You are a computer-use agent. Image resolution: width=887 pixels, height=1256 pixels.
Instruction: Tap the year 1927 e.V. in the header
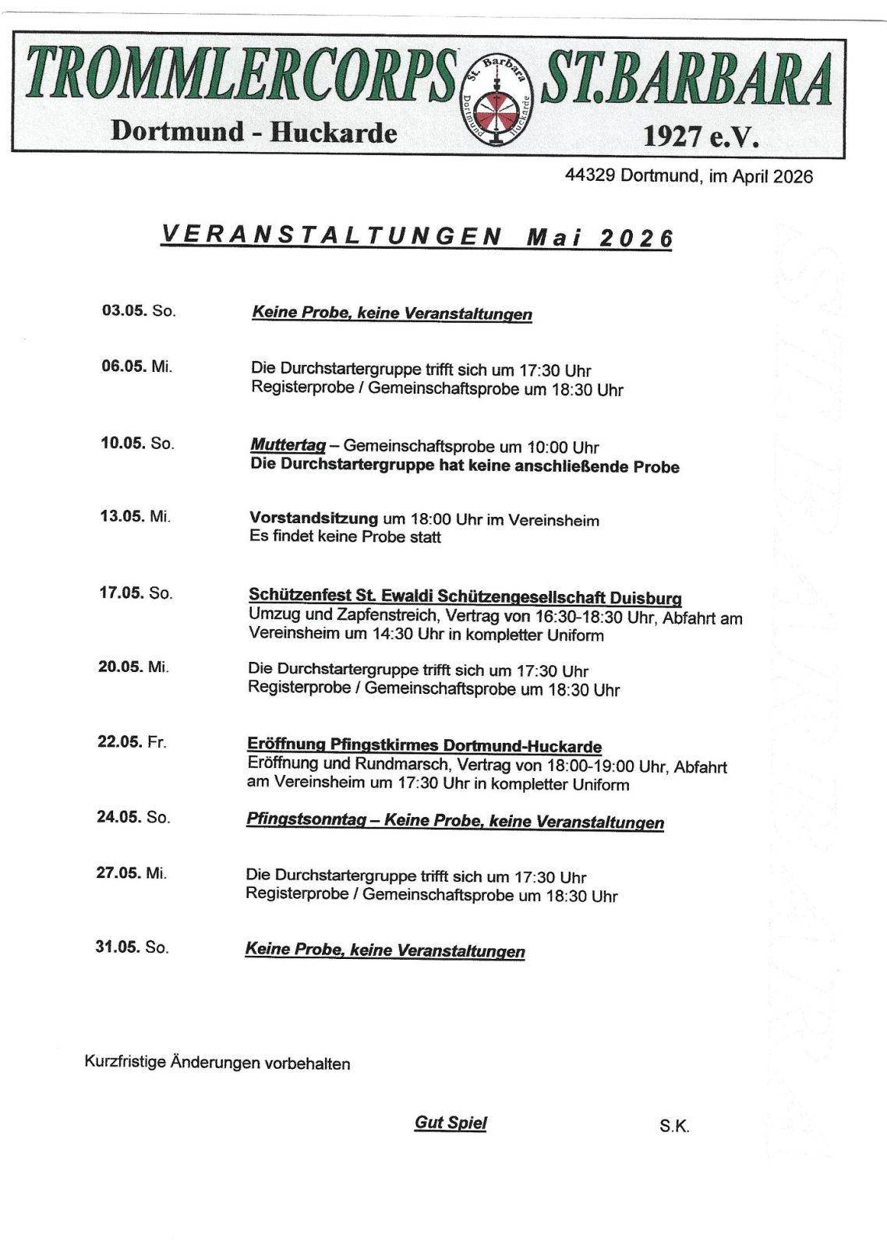(x=698, y=138)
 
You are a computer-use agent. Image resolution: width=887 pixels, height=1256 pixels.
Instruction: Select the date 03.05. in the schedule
(x=124, y=310)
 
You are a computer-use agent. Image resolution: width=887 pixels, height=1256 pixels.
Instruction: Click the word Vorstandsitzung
(x=314, y=518)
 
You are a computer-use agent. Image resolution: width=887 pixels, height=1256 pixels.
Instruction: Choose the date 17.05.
(x=122, y=593)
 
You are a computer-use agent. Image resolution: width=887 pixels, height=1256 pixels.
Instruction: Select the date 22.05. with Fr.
(x=119, y=741)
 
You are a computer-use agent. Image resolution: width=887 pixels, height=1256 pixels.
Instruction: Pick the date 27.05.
(x=118, y=873)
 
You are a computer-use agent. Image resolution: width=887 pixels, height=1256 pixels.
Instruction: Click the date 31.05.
(x=118, y=947)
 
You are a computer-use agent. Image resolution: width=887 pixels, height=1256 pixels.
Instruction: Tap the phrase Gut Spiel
(x=451, y=1123)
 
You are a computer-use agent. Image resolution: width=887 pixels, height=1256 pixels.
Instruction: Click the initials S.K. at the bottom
(x=673, y=1127)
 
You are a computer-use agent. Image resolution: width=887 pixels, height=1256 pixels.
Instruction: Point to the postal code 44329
(x=591, y=176)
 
